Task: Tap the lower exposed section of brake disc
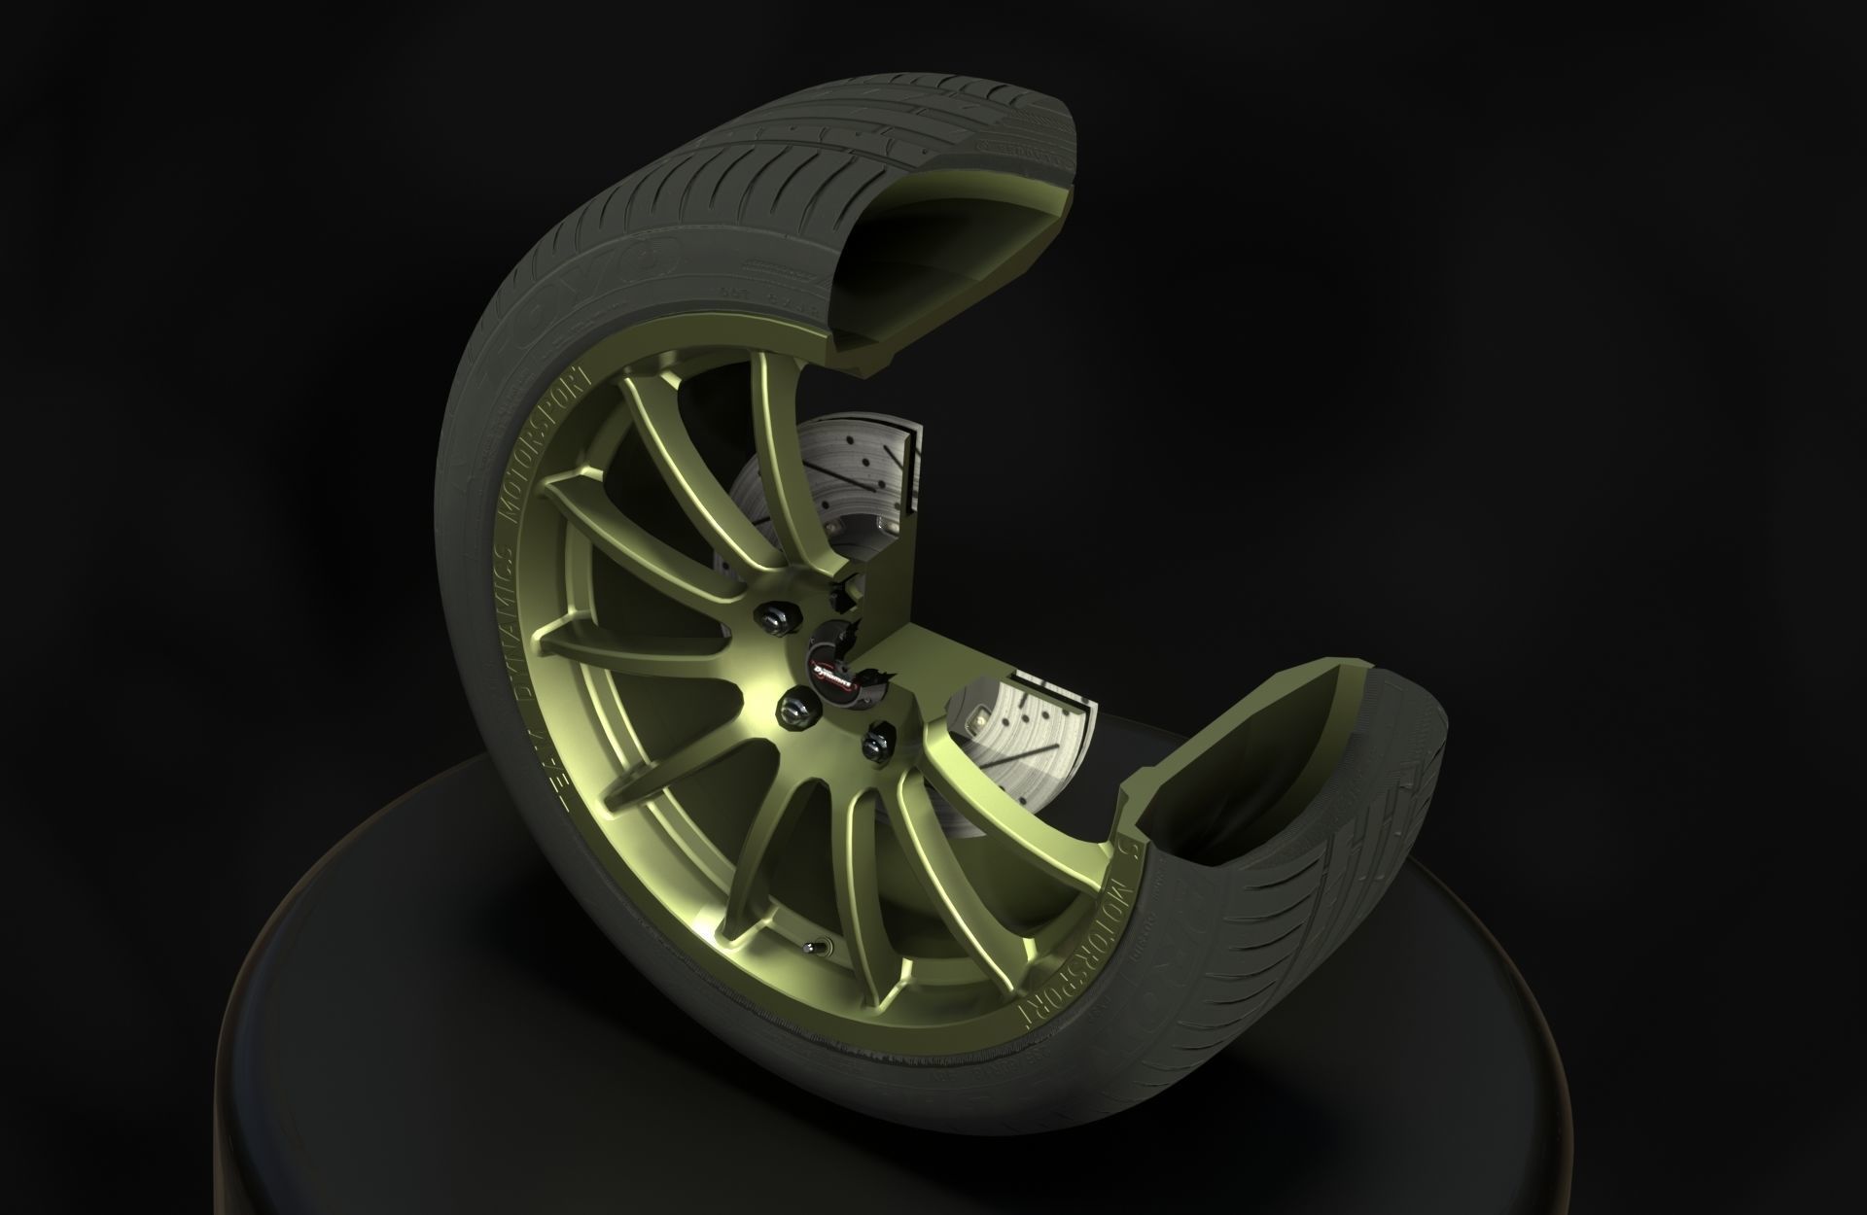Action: (x=1031, y=739)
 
